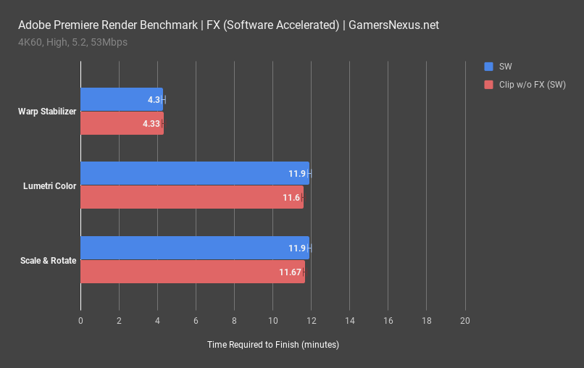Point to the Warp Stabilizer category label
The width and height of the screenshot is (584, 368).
point(47,112)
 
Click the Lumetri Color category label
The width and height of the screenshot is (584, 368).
point(51,185)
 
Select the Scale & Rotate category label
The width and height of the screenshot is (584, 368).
point(49,260)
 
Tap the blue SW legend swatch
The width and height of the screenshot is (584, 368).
point(488,66)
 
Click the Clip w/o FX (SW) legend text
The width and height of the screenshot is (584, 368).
point(533,85)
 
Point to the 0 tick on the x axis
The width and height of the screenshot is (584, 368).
point(80,320)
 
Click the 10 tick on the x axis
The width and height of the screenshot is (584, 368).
point(272,320)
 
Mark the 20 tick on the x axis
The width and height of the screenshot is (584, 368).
point(465,320)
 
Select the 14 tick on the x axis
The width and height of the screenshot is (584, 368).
point(350,320)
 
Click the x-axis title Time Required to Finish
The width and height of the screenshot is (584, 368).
point(272,345)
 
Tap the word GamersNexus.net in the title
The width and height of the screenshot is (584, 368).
point(393,25)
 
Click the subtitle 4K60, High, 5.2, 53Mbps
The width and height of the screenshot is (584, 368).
point(72,42)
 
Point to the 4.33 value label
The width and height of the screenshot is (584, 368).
point(151,124)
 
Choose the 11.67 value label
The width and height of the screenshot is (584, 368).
point(290,272)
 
